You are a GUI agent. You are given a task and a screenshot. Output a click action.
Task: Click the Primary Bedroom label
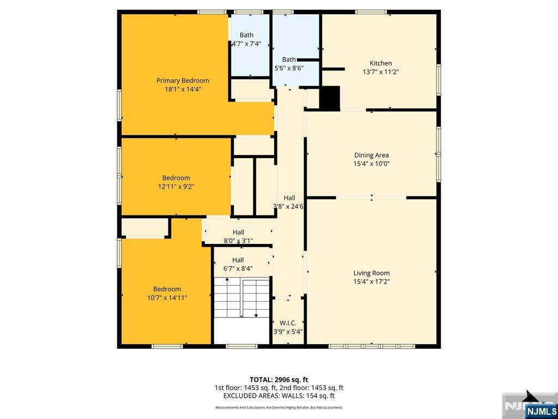pyautogui.click(x=183, y=80)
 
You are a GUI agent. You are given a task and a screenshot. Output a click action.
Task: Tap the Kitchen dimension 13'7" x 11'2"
pyautogui.click(x=381, y=71)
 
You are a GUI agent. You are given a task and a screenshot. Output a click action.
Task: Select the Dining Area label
pyautogui.click(x=371, y=155)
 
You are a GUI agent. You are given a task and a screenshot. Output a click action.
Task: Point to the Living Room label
pyautogui.click(x=371, y=273)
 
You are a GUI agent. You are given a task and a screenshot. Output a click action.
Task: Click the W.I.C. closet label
pyautogui.click(x=288, y=323)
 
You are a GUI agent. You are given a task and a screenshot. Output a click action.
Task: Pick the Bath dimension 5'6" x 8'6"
pyautogui.click(x=289, y=68)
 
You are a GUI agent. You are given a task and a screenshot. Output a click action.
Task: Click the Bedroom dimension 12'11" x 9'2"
pyautogui.click(x=176, y=187)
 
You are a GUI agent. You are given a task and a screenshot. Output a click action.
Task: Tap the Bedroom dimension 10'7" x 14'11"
pyautogui.click(x=167, y=298)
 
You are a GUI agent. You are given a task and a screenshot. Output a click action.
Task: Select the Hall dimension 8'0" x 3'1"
pyautogui.click(x=238, y=241)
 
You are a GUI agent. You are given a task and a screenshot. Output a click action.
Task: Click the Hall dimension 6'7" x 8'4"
pyautogui.click(x=238, y=268)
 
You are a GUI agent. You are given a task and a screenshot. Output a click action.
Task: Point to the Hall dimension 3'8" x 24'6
pyautogui.click(x=289, y=206)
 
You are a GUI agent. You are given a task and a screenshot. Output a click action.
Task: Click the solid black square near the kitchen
pyautogui.click(x=329, y=98)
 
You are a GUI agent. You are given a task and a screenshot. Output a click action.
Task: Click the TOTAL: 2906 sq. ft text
pyautogui.click(x=279, y=379)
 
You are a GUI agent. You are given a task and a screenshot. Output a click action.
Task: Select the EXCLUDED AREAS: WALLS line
pyautogui.click(x=279, y=396)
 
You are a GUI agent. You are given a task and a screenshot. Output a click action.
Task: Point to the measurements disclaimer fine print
pyautogui.click(x=279, y=408)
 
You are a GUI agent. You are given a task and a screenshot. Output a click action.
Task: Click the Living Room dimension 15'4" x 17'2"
pyautogui.click(x=371, y=282)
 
